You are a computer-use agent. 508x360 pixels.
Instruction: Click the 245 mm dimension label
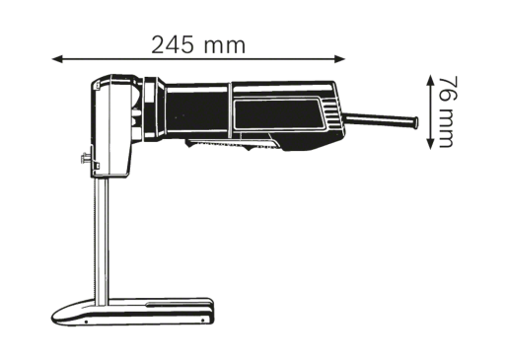tap(198, 45)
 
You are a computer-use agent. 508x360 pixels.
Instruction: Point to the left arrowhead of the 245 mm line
tap(57, 59)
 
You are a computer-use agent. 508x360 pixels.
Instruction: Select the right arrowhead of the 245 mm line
tap(340, 59)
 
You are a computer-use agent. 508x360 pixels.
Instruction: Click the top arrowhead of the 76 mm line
tap(430, 80)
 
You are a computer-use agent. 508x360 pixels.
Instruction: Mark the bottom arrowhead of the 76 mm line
tap(430, 144)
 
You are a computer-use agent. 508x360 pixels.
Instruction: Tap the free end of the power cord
tap(415, 122)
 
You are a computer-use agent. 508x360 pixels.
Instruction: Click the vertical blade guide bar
tap(101, 239)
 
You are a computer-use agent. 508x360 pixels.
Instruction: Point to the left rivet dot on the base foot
tap(86, 322)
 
